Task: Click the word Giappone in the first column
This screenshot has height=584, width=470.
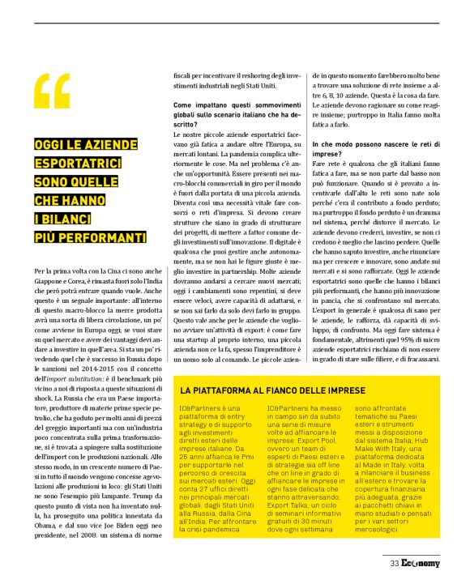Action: [x=51, y=280]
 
